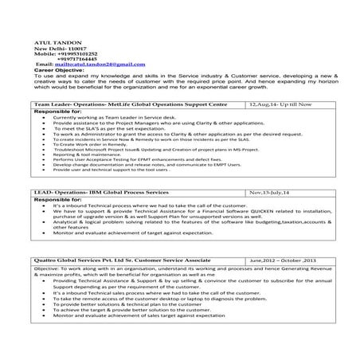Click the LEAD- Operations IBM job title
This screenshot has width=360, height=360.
104,193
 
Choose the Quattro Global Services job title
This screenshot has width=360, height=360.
123,260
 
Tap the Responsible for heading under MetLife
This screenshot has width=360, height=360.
58,112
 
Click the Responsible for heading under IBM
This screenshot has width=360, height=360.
58,201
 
